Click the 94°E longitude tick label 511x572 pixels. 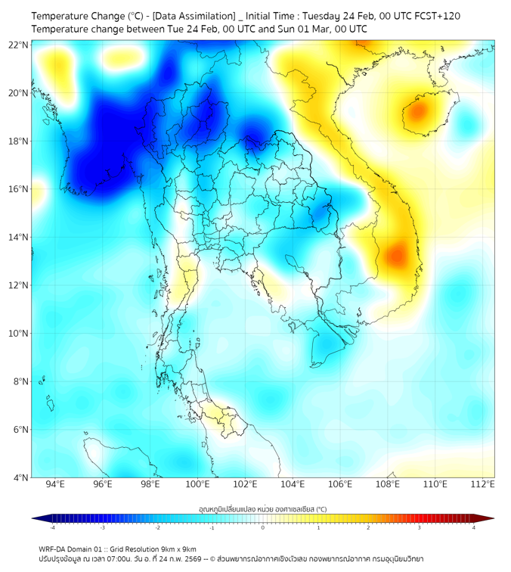coord(55,484)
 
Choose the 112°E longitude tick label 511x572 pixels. coord(483,484)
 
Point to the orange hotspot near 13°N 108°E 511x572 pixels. coord(395,256)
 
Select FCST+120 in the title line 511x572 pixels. coord(434,16)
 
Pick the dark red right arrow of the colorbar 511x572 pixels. coord(489,518)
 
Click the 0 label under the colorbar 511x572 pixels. coord(263,527)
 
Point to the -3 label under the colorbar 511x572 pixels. coord(103,527)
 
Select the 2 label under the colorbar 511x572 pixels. coord(369,527)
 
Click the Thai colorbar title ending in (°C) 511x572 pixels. coord(262,509)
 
